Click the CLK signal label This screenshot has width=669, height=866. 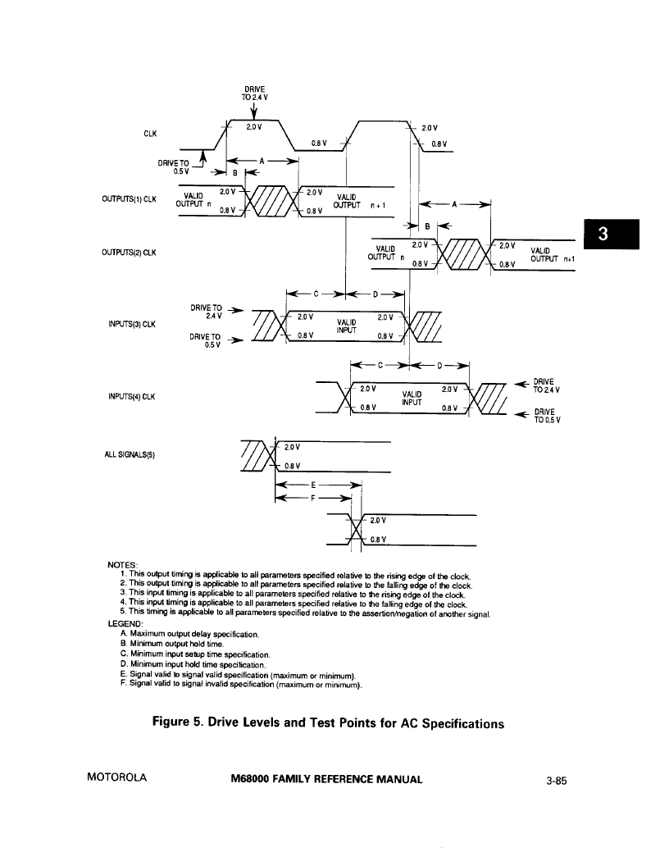[x=150, y=134]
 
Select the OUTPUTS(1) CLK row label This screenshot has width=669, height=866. [x=130, y=198]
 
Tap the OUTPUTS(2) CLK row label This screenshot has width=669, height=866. [x=130, y=253]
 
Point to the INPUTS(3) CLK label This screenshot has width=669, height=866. [x=132, y=324]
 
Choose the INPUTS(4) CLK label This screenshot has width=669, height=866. [x=132, y=397]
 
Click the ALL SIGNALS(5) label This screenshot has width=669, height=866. [x=130, y=454]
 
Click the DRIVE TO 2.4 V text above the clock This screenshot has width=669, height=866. [x=254, y=93]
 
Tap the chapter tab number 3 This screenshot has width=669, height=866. [x=603, y=235]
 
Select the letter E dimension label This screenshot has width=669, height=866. [x=313, y=485]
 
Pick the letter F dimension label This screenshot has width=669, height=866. [x=313, y=498]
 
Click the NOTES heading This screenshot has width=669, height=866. [x=122, y=564]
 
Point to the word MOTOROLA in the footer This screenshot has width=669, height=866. [x=117, y=777]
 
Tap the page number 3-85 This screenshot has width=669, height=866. [x=557, y=781]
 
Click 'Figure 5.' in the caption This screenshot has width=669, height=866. [x=177, y=722]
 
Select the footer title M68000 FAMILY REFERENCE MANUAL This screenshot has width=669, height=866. [x=327, y=779]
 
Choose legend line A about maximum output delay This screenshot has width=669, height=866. [x=189, y=634]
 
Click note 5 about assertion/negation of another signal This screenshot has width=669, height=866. [x=305, y=613]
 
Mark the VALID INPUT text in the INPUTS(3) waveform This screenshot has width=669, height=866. [x=346, y=326]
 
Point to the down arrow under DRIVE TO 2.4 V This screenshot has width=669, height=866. [x=254, y=111]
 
